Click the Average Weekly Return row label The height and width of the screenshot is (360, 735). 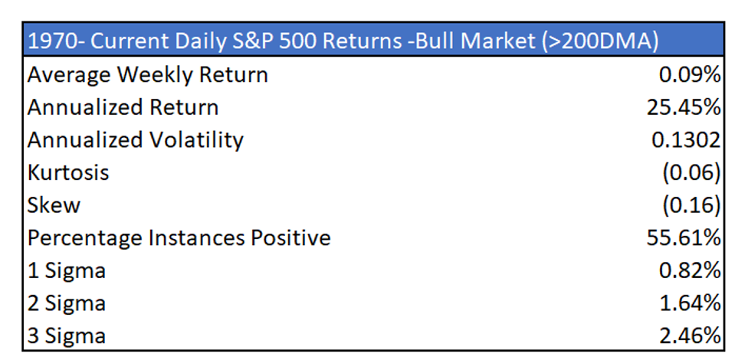click(x=148, y=75)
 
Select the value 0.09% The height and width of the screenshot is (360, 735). click(x=689, y=75)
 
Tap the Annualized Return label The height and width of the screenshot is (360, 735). click(x=123, y=107)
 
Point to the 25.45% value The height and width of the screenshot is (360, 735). click(x=683, y=107)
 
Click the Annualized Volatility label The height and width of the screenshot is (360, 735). click(x=136, y=140)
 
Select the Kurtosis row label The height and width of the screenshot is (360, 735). click(x=68, y=172)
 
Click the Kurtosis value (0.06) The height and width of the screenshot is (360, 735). click(x=691, y=172)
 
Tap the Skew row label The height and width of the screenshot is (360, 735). click(x=54, y=205)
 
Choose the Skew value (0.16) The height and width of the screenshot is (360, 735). click(x=691, y=205)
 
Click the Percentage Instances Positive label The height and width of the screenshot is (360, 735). click(x=179, y=238)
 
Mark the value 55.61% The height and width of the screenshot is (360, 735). click(x=683, y=238)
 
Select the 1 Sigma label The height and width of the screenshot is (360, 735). click(x=67, y=270)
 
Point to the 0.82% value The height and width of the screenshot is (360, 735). click(x=689, y=270)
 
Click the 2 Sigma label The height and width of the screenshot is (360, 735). click(x=67, y=303)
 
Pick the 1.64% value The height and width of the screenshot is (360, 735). click(x=689, y=303)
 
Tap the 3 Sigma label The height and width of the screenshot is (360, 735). click(x=67, y=335)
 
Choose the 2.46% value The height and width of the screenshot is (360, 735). click(x=689, y=335)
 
